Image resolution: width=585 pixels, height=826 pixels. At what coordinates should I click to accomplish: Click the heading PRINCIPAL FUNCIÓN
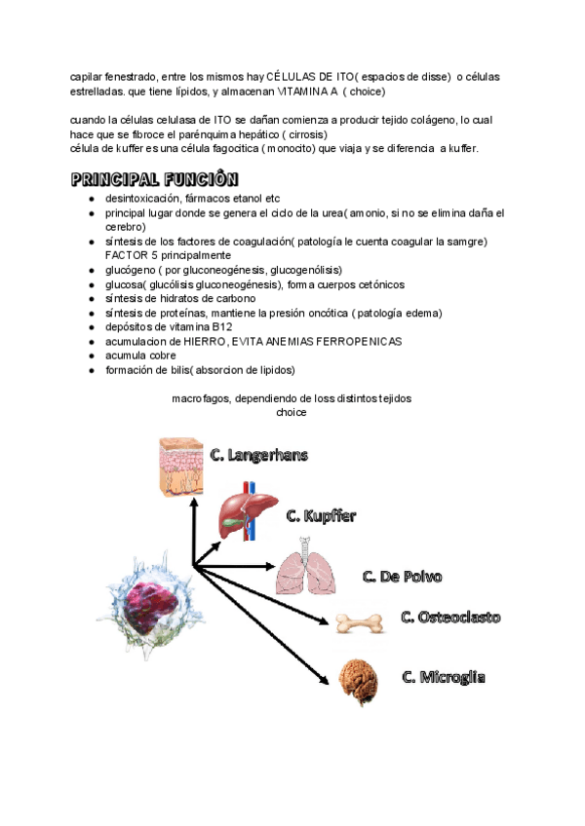point(154,180)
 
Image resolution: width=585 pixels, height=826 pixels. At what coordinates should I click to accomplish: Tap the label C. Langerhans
point(267,455)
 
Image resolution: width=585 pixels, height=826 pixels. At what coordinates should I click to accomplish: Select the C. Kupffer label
point(321,515)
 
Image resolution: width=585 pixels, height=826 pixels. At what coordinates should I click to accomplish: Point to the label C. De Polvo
point(402,577)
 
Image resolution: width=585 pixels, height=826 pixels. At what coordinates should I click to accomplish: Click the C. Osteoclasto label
point(450,618)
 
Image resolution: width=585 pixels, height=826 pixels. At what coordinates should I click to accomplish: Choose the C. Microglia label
point(444,676)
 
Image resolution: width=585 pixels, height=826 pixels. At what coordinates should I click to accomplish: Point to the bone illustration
point(358,621)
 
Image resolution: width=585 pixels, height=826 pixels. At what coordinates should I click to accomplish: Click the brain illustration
point(359,681)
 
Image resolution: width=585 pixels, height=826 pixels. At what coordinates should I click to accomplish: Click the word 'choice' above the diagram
point(292,413)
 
